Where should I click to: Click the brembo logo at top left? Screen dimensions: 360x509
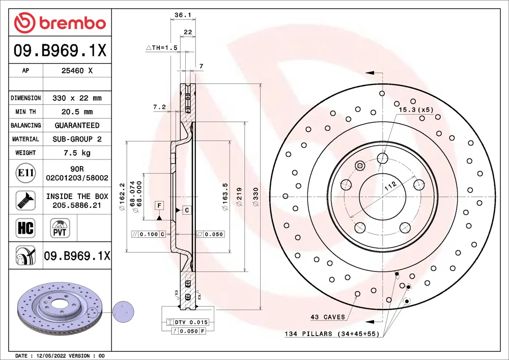60,23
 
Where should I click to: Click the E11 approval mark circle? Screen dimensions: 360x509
25,173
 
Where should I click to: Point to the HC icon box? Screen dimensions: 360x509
25,228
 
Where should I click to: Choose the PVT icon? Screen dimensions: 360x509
60,227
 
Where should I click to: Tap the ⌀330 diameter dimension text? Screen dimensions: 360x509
257,197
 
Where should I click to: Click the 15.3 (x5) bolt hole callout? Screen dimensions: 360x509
415,109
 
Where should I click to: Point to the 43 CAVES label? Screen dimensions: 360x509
327,317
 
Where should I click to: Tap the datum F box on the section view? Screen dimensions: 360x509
159,205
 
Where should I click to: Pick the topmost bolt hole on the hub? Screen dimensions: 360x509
382,158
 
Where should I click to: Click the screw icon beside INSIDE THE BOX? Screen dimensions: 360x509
25,200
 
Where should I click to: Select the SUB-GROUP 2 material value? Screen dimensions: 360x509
77,139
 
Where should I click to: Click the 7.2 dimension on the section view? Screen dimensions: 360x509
159,107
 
